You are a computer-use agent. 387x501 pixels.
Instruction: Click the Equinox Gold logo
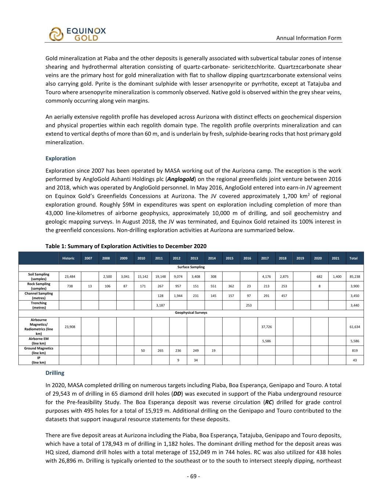click(x=77, y=34)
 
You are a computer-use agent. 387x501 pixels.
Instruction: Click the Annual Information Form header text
click(x=308, y=38)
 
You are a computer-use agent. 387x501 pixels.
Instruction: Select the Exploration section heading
click(x=61, y=159)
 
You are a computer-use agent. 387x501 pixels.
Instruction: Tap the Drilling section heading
click(x=55, y=373)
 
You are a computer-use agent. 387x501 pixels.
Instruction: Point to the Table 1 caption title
click(x=126, y=246)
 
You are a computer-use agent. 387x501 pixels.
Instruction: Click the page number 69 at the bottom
click(x=193, y=476)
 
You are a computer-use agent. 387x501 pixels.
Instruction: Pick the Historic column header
click(x=68, y=258)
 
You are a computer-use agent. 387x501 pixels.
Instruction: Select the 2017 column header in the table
click(x=265, y=258)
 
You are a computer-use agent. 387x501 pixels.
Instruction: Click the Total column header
click(x=353, y=258)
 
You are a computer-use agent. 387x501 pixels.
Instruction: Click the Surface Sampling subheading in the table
click(x=191, y=267)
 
